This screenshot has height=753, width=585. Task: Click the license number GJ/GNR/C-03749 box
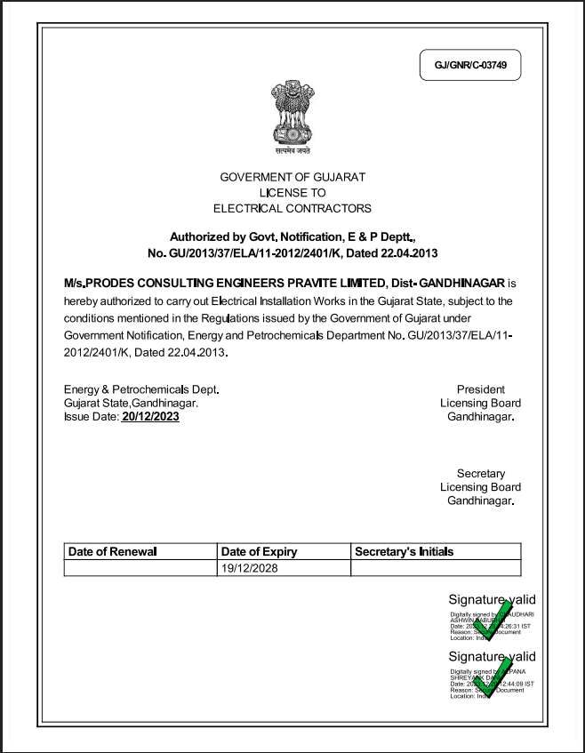[x=469, y=66]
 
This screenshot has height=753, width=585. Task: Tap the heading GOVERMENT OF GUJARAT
[x=292, y=177]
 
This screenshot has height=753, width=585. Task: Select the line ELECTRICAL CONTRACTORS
[x=292, y=208]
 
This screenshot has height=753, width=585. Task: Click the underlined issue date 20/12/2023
[x=150, y=416]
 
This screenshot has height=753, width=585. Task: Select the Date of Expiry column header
[x=259, y=551]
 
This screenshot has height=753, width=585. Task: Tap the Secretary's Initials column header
[x=404, y=551]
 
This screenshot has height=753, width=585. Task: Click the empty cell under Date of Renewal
[x=140, y=567]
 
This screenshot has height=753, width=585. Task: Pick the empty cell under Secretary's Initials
[x=436, y=567]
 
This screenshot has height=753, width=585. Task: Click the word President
[x=481, y=389]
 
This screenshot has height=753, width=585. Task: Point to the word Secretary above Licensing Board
[x=481, y=473]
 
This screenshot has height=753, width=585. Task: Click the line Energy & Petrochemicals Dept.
[x=141, y=389]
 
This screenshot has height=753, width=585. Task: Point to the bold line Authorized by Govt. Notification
[x=292, y=236]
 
